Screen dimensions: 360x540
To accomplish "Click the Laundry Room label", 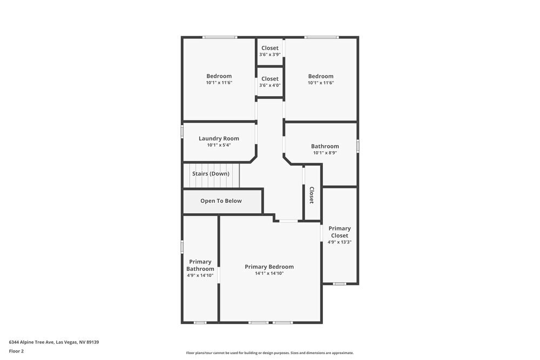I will click(219, 139).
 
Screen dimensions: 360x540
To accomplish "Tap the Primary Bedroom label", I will click(269, 267).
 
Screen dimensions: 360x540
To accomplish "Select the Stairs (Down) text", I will click(211, 174).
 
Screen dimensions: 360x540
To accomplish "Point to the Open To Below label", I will click(221, 201).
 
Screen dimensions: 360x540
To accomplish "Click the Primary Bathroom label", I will click(200, 266).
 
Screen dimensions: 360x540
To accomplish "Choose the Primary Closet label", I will click(340, 232).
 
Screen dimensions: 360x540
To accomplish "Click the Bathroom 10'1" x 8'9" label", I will click(325, 146).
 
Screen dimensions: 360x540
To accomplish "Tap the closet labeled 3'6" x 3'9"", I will click(270, 51).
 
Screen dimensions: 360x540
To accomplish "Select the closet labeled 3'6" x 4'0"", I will click(270, 81).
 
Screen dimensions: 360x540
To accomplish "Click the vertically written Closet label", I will click(312, 195).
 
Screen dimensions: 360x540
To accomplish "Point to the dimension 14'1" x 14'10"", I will click(269, 274).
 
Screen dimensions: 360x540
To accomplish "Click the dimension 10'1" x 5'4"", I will click(219, 145).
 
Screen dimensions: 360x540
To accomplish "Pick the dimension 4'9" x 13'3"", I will click(340, 242).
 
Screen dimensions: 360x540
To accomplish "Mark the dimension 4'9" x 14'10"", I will click(200, 275).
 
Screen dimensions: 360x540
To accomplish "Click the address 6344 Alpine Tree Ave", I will click(53, 342).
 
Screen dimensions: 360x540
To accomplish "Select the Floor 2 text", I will click(16, 351).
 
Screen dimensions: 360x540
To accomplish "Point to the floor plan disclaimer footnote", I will click(270, 353).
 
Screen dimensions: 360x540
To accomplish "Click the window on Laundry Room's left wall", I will click(182, 132).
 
